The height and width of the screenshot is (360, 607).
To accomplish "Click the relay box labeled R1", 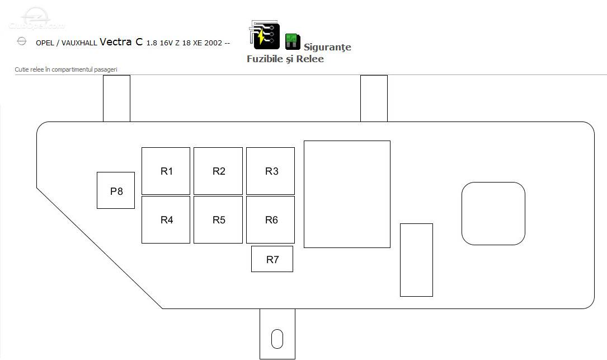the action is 166,171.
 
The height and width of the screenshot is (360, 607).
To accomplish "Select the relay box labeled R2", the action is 218,171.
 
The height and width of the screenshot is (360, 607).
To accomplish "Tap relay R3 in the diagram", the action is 270,171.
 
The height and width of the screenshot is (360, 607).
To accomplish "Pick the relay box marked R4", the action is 166,219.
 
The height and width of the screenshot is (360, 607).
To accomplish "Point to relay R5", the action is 218,219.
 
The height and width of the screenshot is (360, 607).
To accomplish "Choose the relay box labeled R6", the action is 270,219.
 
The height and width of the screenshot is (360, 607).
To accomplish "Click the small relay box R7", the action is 272,259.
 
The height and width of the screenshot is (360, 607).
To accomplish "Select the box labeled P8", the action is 116,190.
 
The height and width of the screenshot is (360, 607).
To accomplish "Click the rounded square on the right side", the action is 493,213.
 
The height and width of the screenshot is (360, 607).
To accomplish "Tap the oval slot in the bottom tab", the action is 277,339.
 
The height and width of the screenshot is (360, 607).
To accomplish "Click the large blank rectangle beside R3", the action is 347,194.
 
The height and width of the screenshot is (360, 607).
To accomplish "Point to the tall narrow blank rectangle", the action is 416,260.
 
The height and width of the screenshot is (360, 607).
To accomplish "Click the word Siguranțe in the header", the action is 327,47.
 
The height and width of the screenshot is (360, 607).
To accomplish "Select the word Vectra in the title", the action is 115,42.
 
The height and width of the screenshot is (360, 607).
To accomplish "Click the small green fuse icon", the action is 293,41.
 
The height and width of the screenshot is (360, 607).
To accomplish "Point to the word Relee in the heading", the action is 310,59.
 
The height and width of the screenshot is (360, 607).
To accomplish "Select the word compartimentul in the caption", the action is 73,70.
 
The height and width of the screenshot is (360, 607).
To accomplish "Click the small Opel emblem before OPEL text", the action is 22,41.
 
